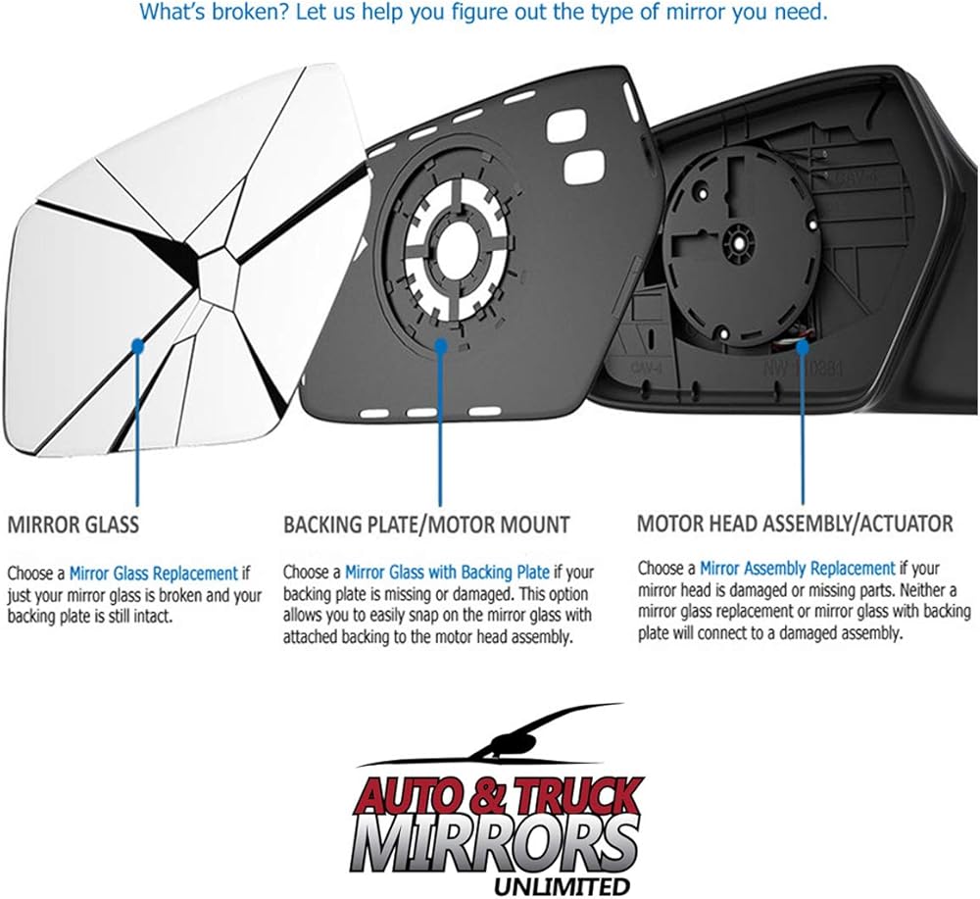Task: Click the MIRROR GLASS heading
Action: tap(73, 524)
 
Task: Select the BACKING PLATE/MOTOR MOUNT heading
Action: tap(427, 524)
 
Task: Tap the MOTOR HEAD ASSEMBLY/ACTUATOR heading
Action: tap(795, 524)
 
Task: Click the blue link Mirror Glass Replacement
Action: tap(153, 574)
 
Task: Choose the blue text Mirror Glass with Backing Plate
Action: tap(448, 572)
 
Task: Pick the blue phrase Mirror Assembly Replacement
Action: tap(798, 569)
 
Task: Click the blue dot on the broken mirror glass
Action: tap(137, 344)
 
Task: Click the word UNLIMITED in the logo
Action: tap(562, 886)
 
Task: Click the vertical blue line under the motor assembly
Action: tap(803, 425)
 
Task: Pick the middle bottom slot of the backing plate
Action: tap(421, 413)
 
